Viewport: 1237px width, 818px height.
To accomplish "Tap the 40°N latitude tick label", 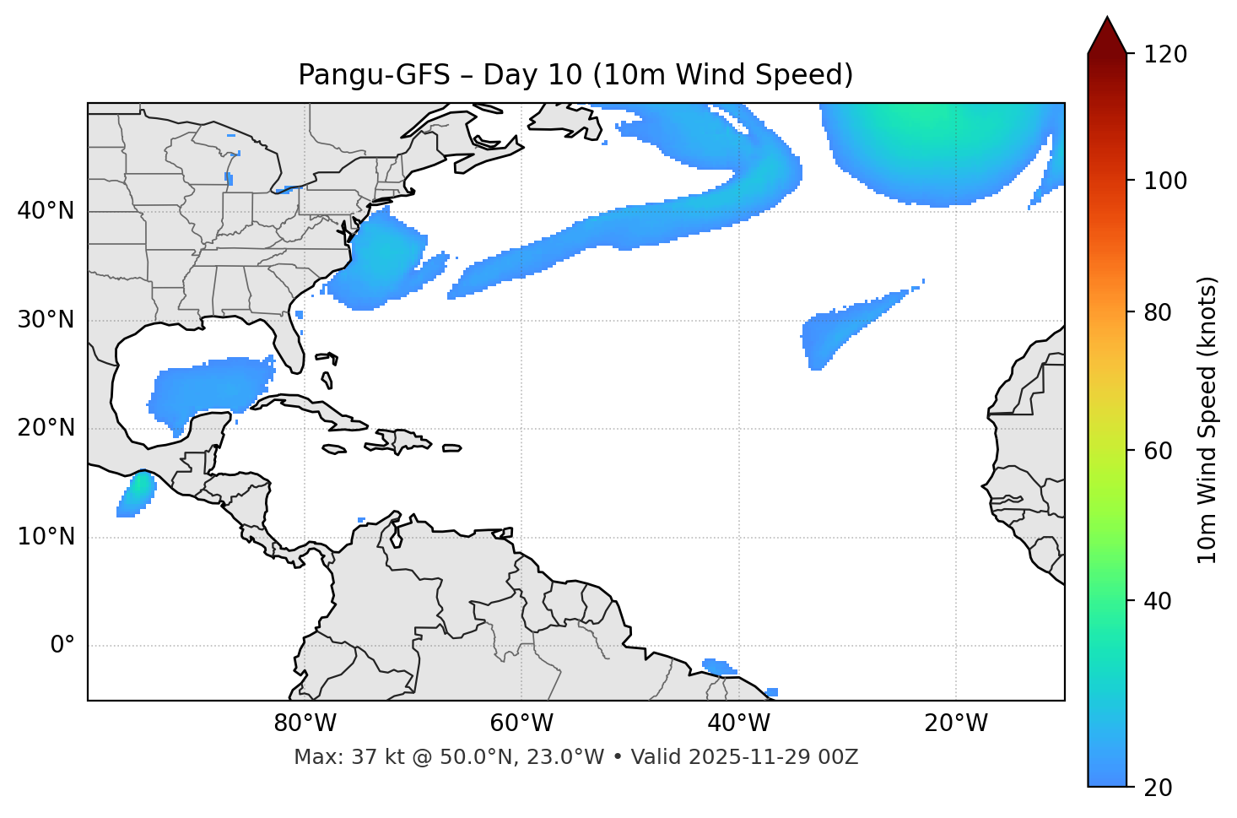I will (46, 211).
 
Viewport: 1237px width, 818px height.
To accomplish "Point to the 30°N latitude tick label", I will (46, 320).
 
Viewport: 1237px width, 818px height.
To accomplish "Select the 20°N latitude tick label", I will (46, 428).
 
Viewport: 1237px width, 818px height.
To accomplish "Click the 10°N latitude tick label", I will (46, 537).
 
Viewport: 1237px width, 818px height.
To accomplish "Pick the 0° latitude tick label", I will (62, 646).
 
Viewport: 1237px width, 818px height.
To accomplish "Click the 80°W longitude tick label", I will (305, 723).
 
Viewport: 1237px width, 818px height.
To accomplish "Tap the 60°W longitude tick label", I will (521, 723).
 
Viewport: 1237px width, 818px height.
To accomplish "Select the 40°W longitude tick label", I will (738, 723).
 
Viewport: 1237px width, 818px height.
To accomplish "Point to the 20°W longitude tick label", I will (955, 723).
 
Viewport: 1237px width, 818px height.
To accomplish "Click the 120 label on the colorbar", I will (1165, 55).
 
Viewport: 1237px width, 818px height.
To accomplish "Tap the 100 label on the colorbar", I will (1165, 181).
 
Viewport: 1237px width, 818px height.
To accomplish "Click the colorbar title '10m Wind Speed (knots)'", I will (1207, 420).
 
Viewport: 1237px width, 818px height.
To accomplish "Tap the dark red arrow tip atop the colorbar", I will (1107, 34).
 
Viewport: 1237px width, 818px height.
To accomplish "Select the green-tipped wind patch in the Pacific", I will (137, 493).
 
